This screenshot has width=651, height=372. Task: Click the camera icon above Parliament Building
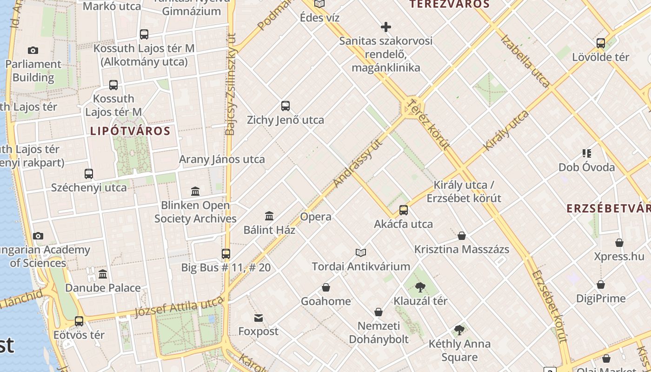tap(33, 50)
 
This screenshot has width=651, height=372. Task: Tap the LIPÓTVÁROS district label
tap(130, 131)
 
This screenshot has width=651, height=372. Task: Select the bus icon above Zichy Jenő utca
tap(286, 106)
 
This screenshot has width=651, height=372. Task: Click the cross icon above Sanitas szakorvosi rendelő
tap(385, 27)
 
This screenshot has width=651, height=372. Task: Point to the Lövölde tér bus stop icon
tap(601, 43)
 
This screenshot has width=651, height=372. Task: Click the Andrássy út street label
tap(358, 162)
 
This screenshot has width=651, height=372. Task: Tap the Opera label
tap(316, 217)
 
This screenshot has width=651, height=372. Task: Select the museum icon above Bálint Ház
tap(269, 216)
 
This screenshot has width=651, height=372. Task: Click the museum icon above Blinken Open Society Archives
tap(195, 191)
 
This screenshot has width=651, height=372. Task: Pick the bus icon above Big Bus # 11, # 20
tap(226, 254)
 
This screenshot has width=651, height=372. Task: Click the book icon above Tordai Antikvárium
tap(361, 252)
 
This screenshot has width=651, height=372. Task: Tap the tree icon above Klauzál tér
tap(420, 287)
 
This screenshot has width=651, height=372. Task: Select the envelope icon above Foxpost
tap(259, 318)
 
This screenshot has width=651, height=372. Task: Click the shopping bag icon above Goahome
tap(326, 287)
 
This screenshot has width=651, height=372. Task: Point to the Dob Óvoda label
tap(586, 167)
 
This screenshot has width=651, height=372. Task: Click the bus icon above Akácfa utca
tap(404, 210)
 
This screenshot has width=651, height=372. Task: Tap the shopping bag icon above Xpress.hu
tap(619, 243)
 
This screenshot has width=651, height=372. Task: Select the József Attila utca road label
tap(179, 307)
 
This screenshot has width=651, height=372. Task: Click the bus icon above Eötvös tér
tap(79, 321)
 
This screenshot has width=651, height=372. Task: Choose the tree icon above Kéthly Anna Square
tap(459, 330)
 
